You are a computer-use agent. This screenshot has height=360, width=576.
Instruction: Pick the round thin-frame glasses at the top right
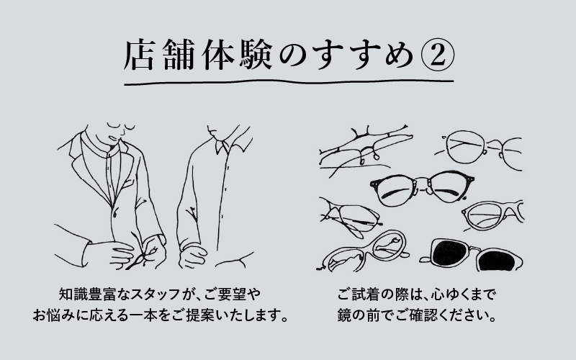point(475,148)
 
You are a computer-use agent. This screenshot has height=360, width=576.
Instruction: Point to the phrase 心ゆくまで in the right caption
point(461,295)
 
